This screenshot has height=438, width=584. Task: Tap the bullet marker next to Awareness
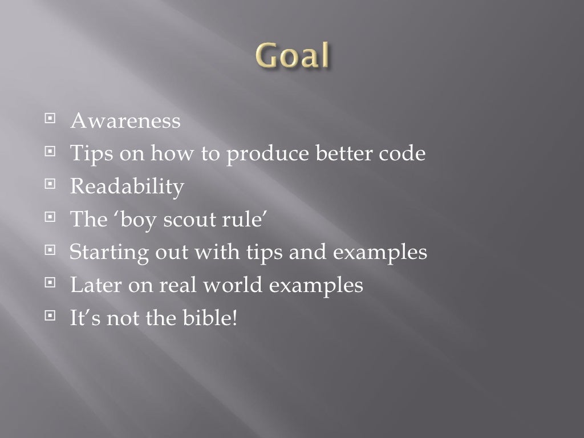pyautogui.click(x=52, y=120)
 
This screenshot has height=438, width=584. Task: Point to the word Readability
pyautogui.click(x=127, y=188)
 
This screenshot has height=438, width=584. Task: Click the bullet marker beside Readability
pyautogui.click(x=52, y=185)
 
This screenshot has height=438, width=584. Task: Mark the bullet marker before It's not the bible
pyautogui.click(x=52, y=315)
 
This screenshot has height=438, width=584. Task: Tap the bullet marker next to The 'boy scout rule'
pyautogui.click(x=52, y=218)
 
